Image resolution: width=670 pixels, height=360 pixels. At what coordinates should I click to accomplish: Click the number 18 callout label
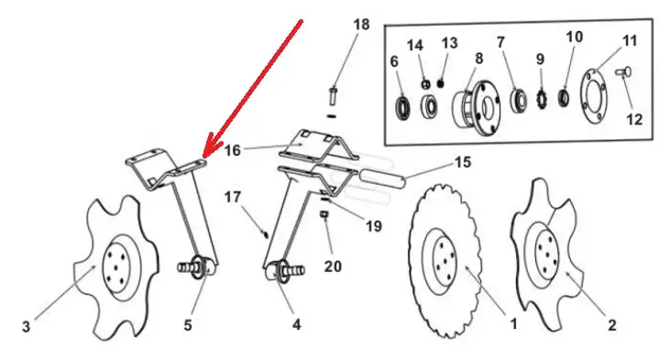[361, 25]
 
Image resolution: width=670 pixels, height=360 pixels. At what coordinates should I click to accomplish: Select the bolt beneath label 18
[333, 96]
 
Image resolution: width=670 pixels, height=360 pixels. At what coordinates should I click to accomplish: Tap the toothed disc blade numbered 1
[445, 260]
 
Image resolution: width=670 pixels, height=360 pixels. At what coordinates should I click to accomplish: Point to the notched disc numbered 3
[116, 267]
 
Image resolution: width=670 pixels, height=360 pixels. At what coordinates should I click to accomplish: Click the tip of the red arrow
[203, 158]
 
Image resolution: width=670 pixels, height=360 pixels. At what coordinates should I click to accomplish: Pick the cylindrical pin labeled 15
[381, 179]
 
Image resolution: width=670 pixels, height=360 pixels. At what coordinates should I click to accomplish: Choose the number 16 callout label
[233, 150]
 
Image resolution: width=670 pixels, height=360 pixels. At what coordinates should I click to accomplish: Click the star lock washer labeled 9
[542, 100]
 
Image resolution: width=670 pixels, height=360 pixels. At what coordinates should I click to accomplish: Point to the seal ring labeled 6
[403, 109]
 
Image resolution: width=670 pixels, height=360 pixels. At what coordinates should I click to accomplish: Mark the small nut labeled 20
[324, 214]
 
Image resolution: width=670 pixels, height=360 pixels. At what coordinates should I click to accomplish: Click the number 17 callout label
[233, 197]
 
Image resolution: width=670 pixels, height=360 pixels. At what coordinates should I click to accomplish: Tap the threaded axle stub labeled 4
[284, 271]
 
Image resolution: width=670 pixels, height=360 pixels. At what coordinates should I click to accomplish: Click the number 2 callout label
[612, 325]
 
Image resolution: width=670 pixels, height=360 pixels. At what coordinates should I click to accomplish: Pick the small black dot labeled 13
[441, 83]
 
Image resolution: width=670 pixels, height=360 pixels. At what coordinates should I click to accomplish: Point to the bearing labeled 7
[518, 101]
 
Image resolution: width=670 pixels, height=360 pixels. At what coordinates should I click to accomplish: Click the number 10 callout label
[575, 37]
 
